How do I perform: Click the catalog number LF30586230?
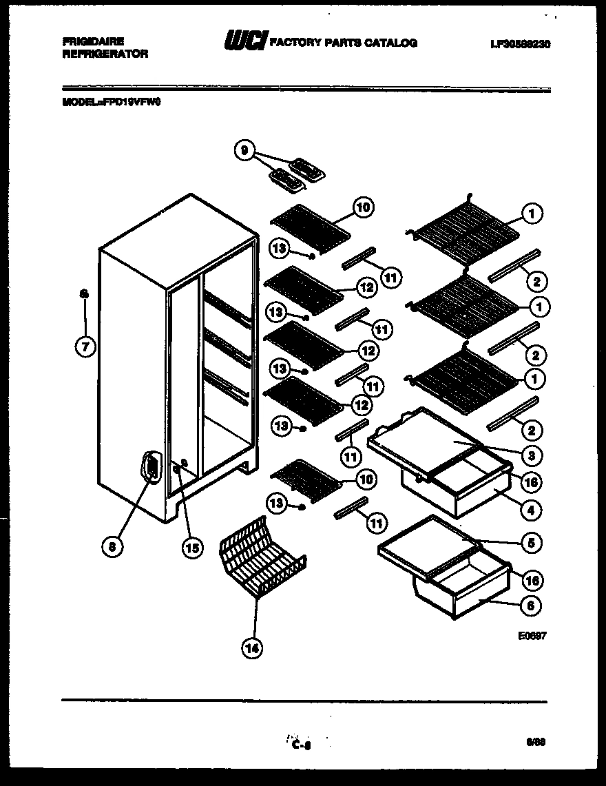(x=521, y=43)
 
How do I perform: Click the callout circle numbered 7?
(x=85, y=347)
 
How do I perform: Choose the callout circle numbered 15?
(x=192, y=548)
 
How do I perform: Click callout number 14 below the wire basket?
(x=253, y=647)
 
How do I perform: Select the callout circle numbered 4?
(x=531, y=510)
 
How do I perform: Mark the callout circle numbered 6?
(x=531, y=606)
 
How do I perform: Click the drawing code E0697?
(x=534, y=637)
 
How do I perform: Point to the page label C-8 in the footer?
(x=302, y=745)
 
